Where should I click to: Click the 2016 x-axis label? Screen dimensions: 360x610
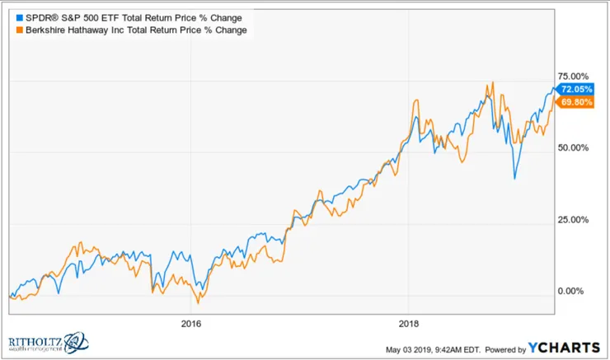[190, 322]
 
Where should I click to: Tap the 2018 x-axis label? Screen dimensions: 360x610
[410, 322]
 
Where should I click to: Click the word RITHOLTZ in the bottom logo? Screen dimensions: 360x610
[35, 339]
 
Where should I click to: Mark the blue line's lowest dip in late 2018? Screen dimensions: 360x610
[514, 178]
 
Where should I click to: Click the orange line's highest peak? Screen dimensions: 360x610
[492, 82]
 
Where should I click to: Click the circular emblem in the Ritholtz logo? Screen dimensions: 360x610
[75, 340]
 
